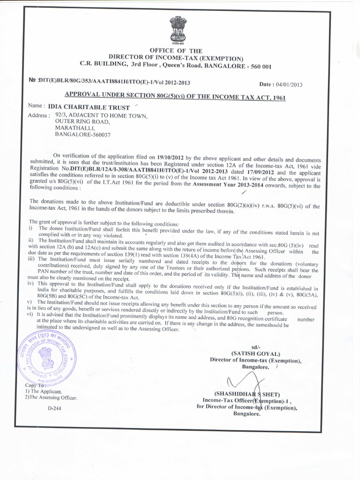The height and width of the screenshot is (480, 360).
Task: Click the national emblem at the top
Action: point(178,29)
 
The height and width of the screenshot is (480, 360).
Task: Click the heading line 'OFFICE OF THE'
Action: point(176,50)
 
